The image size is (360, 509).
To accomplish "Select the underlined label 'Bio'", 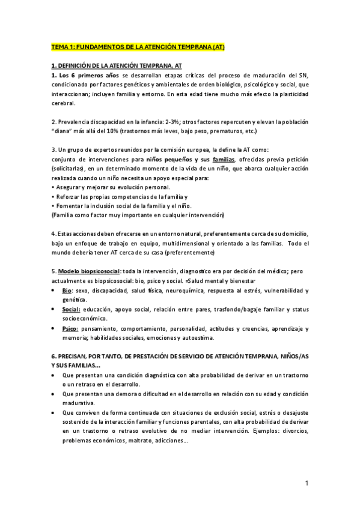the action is pyautogui.click(x=67, y=291).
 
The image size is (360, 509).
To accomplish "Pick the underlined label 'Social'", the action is pyautogui.click(x=70, y=309).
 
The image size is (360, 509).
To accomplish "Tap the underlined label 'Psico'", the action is pyautogui.click(x=69, y=329).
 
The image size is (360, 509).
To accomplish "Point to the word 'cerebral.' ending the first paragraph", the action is pyautogui.click(x=64, y=103).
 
